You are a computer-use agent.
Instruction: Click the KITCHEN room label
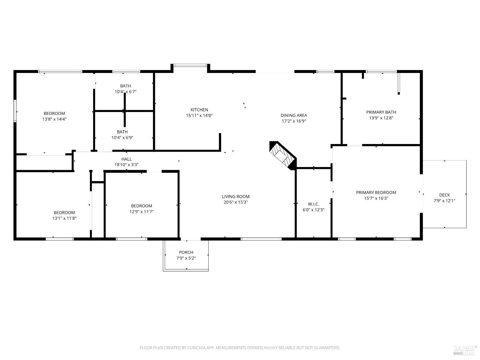tap(199, 110)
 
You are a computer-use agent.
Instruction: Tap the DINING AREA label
tap(294, 115)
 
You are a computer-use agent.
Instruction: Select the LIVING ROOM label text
tap(236, 196)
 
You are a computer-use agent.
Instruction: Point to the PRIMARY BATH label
tap(381, 112)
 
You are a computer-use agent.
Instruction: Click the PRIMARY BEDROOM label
tap(376, 192)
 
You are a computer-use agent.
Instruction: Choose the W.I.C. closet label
tap(313, 204)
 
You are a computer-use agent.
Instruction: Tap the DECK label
tap(444, 195)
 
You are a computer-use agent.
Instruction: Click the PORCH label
tap(186, 252)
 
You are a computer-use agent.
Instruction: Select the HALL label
tap(126, 159)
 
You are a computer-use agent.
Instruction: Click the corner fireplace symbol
tap(283, 155)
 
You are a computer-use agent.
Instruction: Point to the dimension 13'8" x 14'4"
tap(54, 119)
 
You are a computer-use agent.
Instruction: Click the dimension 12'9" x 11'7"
tap(141, 212)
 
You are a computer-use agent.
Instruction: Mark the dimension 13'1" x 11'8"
tap(64, 218)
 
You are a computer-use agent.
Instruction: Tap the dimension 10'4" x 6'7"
tap(125, 92)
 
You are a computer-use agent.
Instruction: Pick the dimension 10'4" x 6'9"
tap(122, 138)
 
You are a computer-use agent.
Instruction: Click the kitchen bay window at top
tap(190, 65)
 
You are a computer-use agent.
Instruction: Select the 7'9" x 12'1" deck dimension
tap(444, 201)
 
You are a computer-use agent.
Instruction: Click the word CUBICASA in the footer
tap(196, 348)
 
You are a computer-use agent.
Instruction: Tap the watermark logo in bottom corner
tap(465, 350)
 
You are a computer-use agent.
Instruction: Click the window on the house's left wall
tap(15, 111)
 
